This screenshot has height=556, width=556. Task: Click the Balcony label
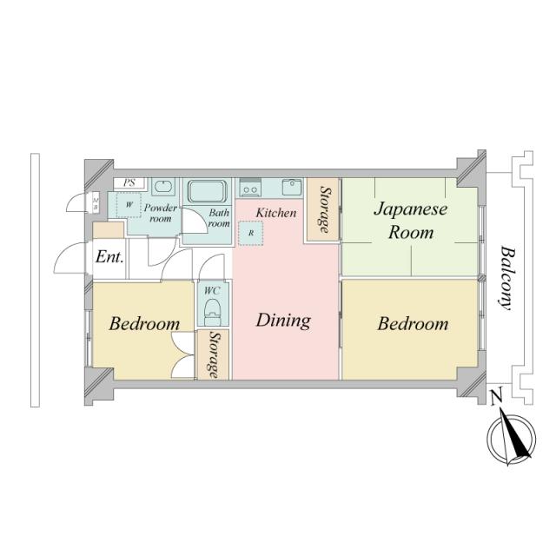click(507, 278)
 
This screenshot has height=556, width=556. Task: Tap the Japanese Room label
click(411, 220)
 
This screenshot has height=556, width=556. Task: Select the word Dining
click(283, 321)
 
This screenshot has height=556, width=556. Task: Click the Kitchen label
click(276, 213)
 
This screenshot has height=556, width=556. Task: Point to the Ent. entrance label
click(109, 257)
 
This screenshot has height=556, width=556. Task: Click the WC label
click(212, 291)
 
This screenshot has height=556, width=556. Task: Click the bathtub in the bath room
click(207, 191)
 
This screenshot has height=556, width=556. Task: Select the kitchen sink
click(292, 187)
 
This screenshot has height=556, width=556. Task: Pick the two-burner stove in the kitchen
click(250, 187)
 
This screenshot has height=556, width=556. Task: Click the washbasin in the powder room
click(163, 187)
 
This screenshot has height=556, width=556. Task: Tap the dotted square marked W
click(129, 205)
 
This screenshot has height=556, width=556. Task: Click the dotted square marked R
click(251, 233)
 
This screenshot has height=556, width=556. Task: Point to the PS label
click(129, 183)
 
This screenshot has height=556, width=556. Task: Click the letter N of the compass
click(496, 398)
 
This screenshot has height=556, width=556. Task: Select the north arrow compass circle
click(511, 439)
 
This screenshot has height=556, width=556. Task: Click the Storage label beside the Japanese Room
click(324, 209)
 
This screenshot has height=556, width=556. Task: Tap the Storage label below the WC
click(213, 355)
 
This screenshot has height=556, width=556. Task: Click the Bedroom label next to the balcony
click(413, 324)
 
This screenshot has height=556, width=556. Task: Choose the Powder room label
click(161, 213)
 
